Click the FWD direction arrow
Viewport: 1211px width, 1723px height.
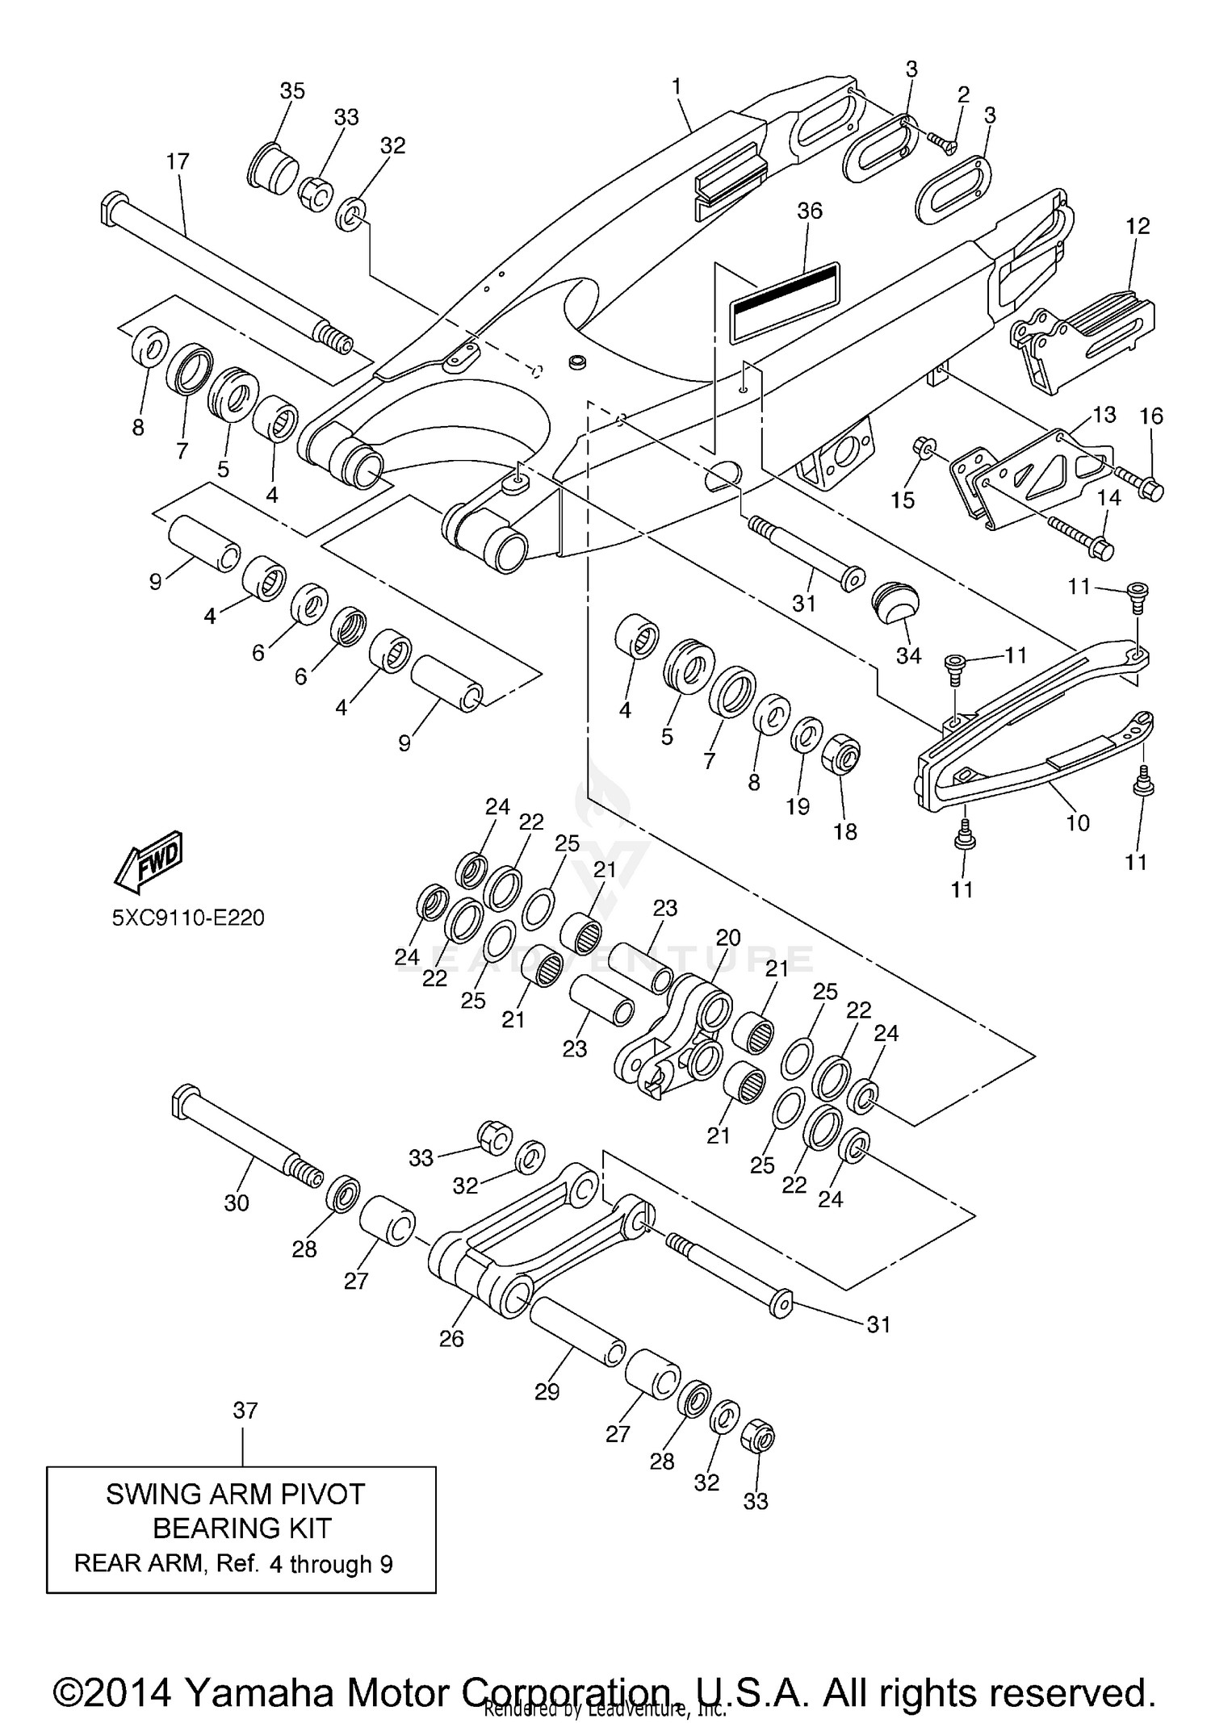[x=149, y=862]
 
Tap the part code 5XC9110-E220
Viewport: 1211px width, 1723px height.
[x=188, y=918]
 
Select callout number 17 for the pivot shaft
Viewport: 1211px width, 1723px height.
[x=178, y=161]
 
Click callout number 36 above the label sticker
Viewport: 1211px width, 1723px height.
[x=809, y=211]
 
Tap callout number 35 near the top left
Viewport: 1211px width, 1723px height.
[x=292, y=91]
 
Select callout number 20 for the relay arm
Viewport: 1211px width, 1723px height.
[x=727, y=938]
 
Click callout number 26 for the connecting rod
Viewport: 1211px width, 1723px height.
[x=451, y=1338]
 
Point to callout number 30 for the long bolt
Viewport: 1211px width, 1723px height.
[x=237, y=1202]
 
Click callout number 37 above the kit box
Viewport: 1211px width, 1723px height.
[x=245, y=1411]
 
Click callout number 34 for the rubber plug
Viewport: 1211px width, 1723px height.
[x=908, y=656]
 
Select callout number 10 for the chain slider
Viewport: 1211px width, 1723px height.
[x=1078, y=822]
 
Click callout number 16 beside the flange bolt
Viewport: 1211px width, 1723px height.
[x=1151, y=416]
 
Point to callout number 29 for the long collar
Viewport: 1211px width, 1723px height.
[x=547, y=1392]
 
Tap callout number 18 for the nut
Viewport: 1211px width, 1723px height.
[x=844, y=831]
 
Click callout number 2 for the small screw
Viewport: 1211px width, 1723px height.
[x=963, y=94]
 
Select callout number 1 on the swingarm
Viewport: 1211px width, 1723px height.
[x=677, y=86]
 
